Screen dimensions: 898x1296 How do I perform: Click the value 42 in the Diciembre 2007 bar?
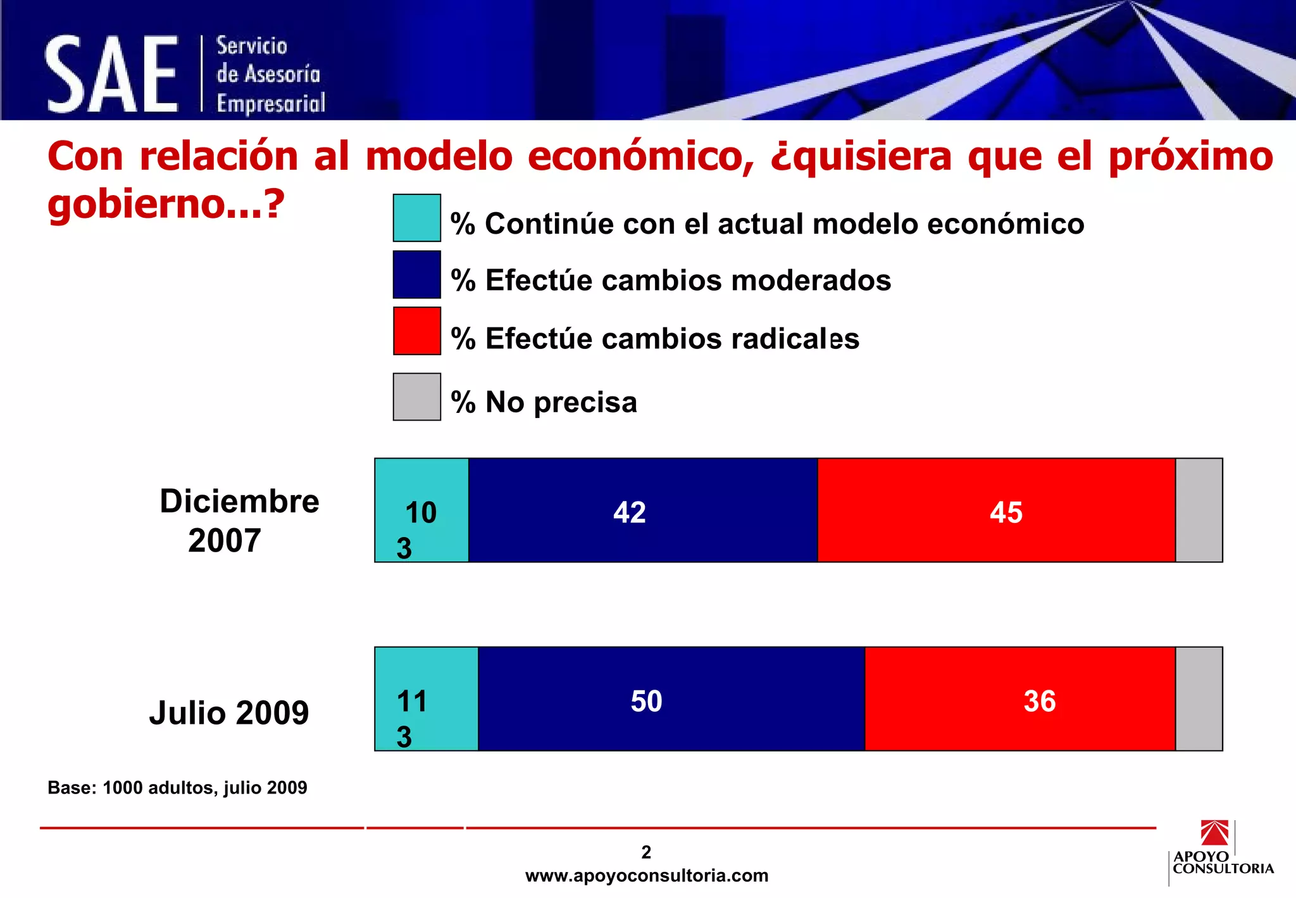(629, 512)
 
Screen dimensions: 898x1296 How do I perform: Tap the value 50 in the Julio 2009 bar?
(646, 701)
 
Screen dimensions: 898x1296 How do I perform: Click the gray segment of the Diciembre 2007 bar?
(1199, 510)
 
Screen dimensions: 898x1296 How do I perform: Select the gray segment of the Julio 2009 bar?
(1199, 699)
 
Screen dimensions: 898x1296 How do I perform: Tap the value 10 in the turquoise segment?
(421, 512)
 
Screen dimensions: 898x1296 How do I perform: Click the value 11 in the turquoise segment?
(412, 701)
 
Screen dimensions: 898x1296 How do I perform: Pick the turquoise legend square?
(416, 218)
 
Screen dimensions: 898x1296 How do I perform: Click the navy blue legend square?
(416, 274)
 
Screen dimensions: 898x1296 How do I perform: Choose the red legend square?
(416, 331)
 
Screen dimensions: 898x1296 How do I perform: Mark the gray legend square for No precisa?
(416, 396)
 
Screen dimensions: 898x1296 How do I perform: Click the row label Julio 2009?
(229, 712)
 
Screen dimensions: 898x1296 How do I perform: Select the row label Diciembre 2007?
(239, 521)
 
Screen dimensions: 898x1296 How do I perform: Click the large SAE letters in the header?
(111, 75)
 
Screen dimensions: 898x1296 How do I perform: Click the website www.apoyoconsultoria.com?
(646, 876)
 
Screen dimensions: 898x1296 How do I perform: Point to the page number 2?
(646, 852)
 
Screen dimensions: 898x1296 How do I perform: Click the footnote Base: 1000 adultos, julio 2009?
(177, 788)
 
